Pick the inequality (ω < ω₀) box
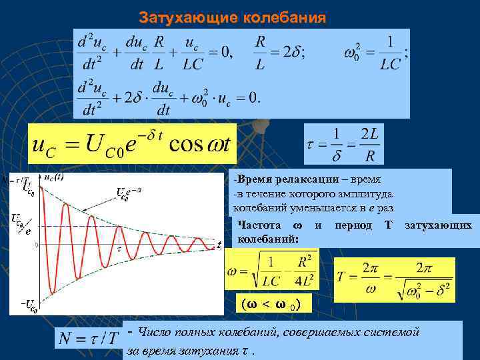pyautogui.click(x=271, y=305)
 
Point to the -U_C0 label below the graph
pyautogui.click(x=27, y=307)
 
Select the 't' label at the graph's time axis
pyautogui.click(x=219, y=245)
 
